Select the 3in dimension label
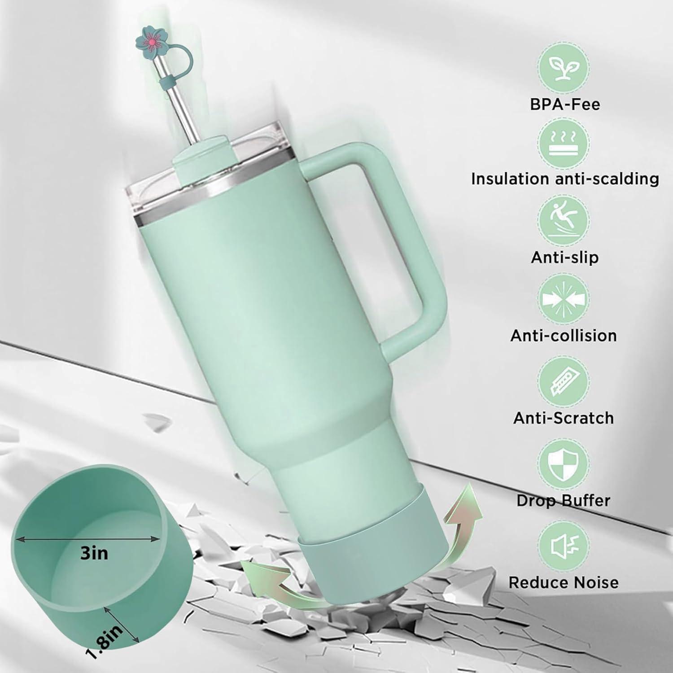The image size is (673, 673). click(94, 553)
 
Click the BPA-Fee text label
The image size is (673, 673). click(565, 105)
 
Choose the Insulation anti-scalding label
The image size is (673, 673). click(565, 179)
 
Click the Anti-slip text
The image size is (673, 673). click(565, 258)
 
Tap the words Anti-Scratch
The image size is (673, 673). click(564, 418)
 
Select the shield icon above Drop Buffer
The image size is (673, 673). click(564, 463)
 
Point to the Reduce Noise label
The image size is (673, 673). click(564, 583)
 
